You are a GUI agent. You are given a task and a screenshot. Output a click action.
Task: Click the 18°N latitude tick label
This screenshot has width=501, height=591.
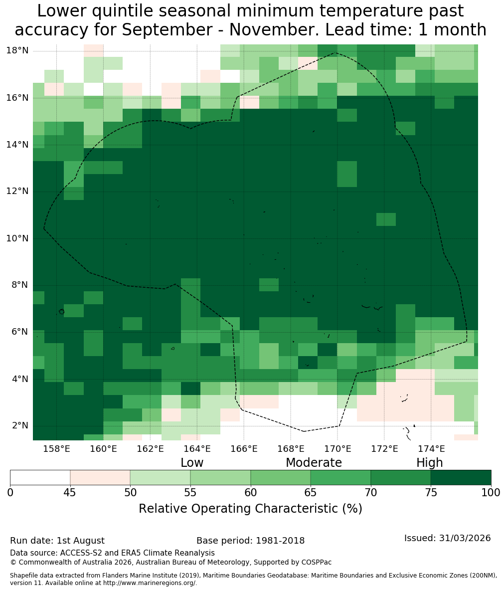click(17, 50)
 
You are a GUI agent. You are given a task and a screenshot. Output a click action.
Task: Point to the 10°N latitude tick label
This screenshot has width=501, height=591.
click(17, 238)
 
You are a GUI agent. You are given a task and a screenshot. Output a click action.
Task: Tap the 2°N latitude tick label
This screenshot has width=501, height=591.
click(20, 425)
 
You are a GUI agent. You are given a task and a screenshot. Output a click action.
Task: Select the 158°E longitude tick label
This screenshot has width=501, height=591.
click(56, 449)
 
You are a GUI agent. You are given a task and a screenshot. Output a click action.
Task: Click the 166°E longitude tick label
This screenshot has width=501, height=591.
click(244, 449)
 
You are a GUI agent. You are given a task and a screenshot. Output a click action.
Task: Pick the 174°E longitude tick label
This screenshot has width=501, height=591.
click(431, 449)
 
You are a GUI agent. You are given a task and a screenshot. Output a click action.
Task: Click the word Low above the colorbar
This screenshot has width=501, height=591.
click(192, 463)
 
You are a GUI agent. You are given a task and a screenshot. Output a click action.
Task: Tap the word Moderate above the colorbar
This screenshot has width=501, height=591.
click(314, 463)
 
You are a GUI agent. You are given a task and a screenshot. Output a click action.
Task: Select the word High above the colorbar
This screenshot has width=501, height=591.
click(429, 463)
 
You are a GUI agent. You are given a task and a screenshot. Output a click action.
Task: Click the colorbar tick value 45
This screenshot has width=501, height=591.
click(70, 493)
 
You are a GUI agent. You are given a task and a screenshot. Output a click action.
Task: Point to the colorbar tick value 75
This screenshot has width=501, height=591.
click(431, 493)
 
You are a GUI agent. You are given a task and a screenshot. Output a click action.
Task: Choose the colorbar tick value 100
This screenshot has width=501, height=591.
click(491, 493)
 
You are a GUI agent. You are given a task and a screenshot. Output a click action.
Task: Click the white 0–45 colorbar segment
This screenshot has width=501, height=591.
click(40, 478)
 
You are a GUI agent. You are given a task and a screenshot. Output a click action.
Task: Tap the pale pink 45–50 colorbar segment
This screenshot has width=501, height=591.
click(100, 478)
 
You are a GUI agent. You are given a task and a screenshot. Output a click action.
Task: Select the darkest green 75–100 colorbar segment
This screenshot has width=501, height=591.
click(461, 478)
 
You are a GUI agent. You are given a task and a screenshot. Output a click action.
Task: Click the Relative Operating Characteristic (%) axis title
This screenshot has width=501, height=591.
click(250, 509)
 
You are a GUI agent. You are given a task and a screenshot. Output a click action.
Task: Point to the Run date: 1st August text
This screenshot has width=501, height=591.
click(57, 541)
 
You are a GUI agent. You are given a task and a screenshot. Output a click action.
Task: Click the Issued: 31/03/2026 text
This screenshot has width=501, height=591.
click(448, 538)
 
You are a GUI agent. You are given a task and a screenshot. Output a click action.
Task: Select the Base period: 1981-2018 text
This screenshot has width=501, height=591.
click(250, 541)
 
